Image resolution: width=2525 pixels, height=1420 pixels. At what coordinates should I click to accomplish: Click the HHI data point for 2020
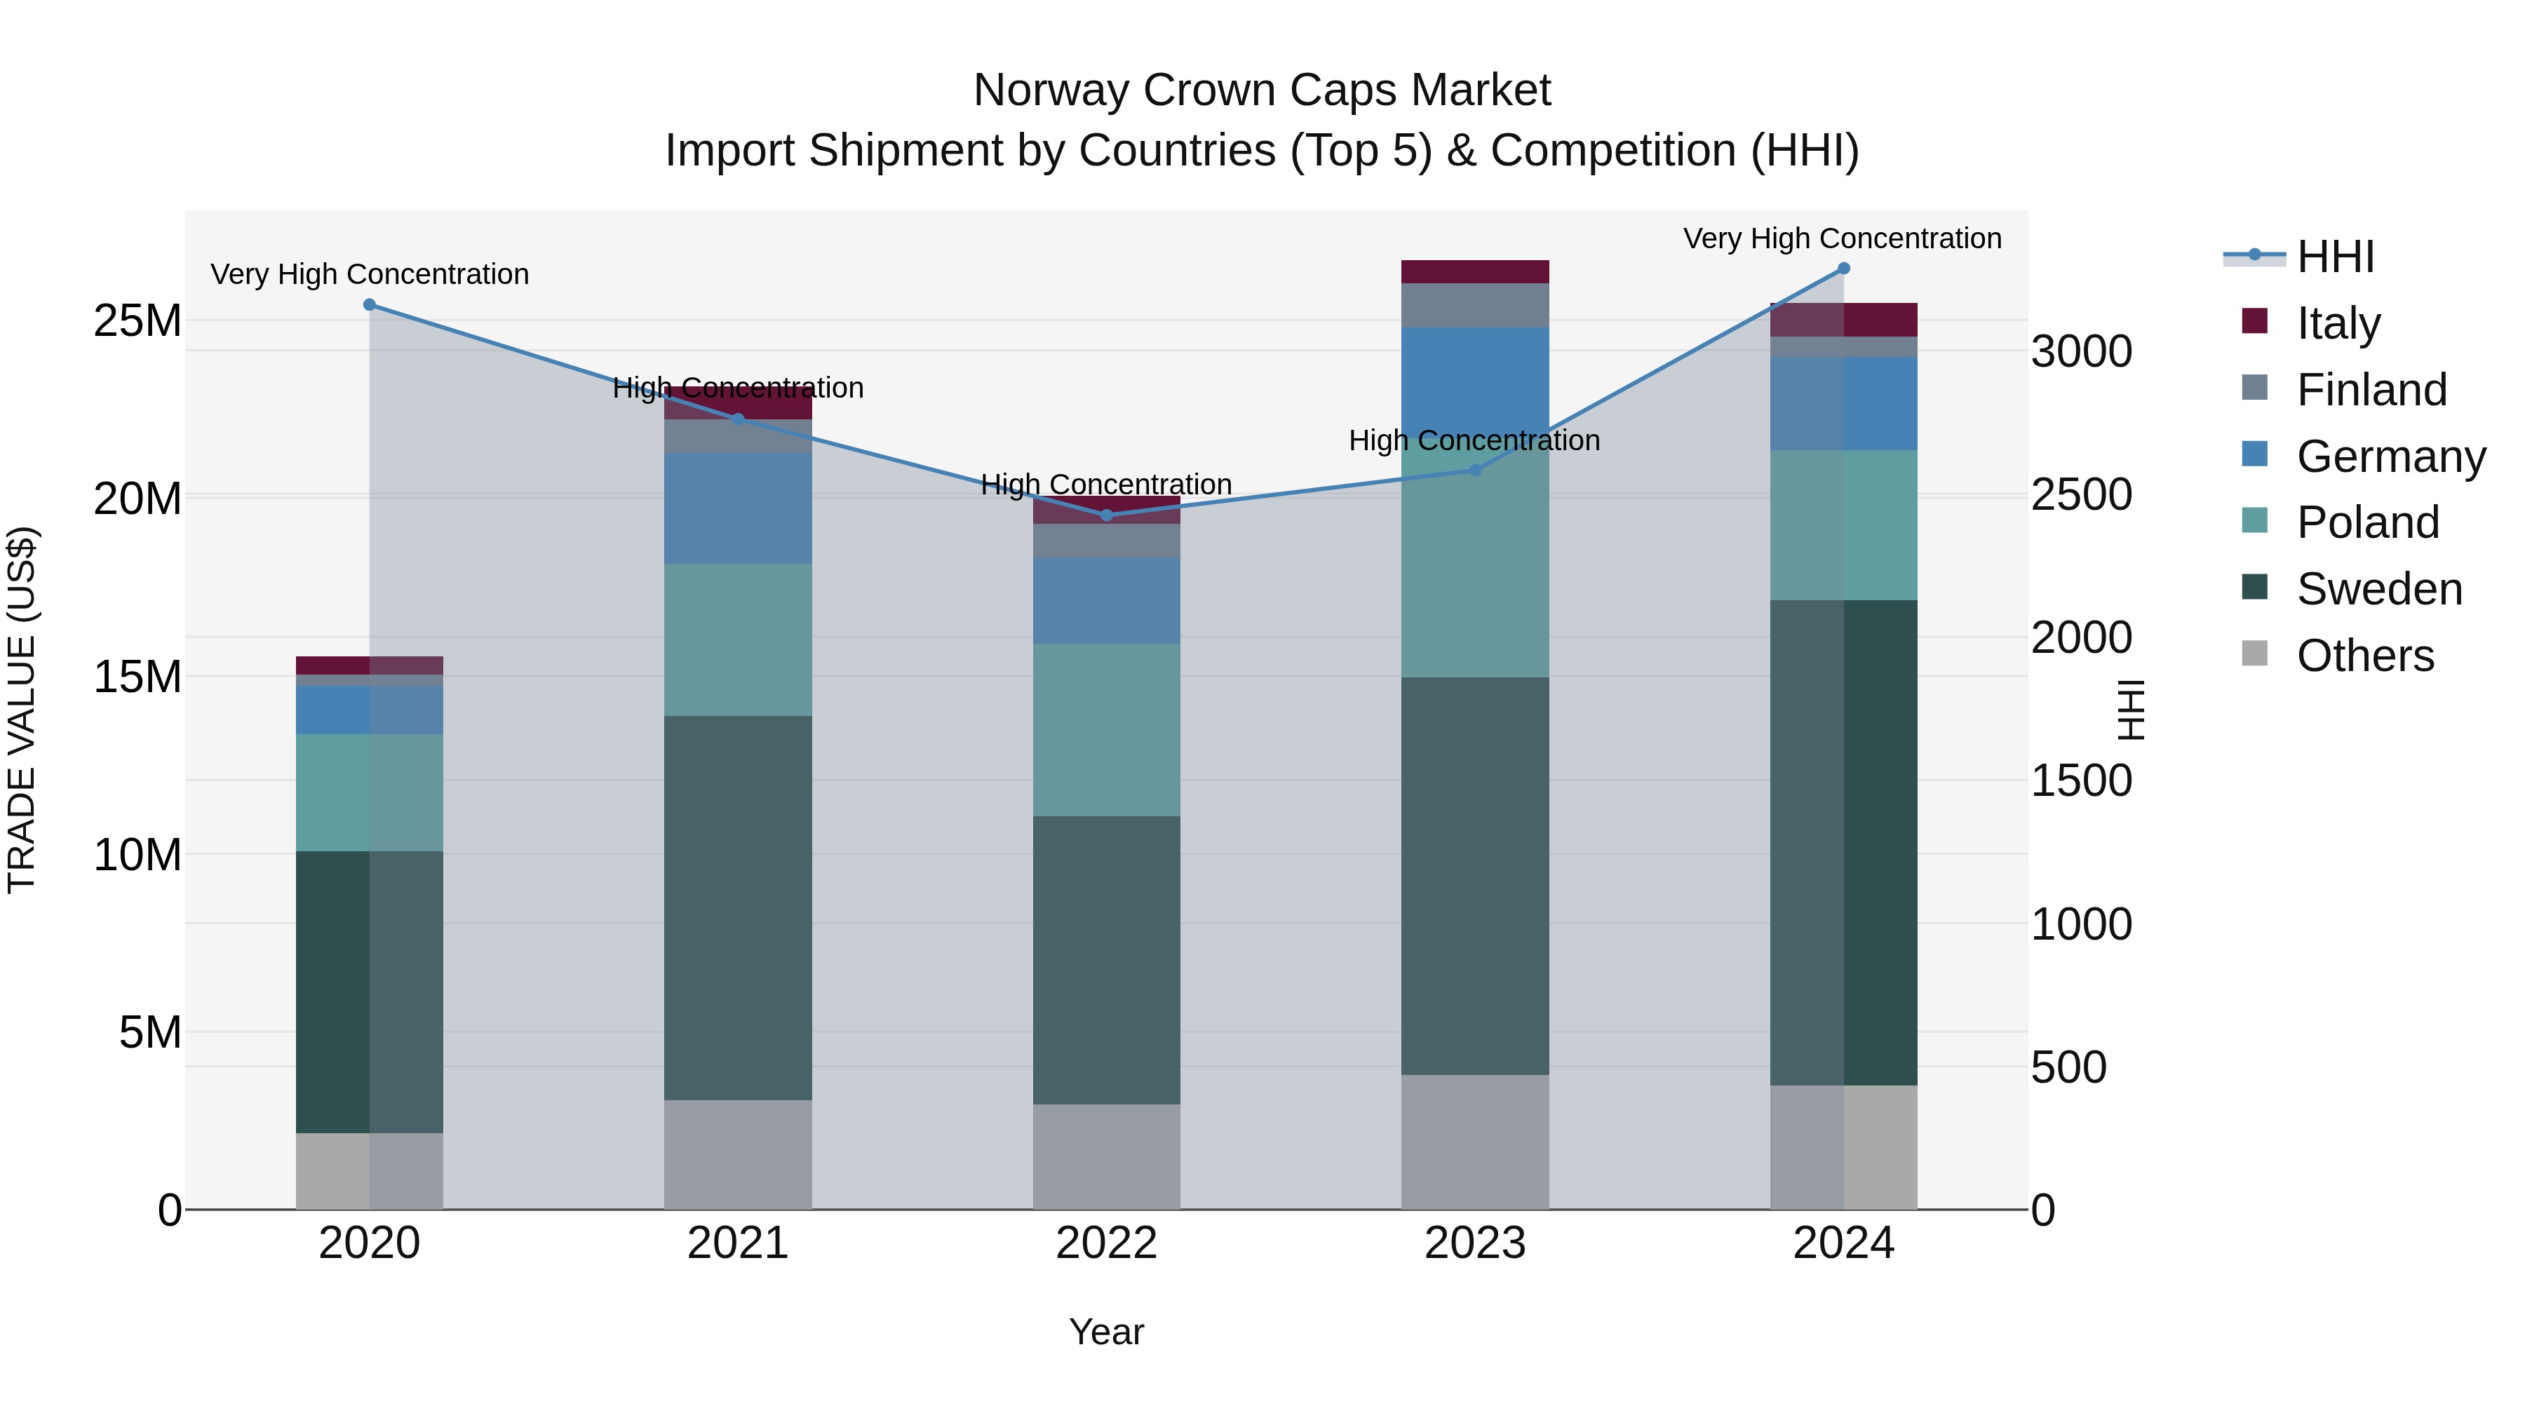(x=370, y=305)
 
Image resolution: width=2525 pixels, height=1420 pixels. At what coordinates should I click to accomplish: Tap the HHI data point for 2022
(x=1107, y=515)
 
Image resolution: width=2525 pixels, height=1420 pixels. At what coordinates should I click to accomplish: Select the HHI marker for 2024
(x=1844, y=269)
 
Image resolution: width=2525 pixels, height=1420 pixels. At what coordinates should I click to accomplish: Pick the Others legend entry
(x=2364, y=656)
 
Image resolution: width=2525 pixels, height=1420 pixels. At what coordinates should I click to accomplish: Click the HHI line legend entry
(x=2335, y=257)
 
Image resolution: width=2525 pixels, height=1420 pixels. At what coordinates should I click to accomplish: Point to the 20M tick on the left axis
(x=137, y=499)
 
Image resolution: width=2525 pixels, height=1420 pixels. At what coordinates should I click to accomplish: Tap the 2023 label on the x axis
(x=1474, y=1243)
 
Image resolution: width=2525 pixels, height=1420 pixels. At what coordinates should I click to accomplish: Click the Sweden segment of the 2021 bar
(x=738, y=907)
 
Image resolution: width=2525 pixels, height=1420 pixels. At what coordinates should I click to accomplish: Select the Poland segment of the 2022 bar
(x=1107, y=730)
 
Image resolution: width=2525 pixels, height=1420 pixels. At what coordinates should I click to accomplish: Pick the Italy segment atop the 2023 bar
(x=1475, y=271)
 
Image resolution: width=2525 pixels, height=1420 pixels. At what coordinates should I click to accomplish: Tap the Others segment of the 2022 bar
(x=1107, y=1156)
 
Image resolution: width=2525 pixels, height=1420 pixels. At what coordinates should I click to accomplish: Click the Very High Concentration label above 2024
(x=1842, y=238)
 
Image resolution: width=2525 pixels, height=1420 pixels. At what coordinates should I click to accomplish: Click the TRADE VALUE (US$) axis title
(x=22, y=710)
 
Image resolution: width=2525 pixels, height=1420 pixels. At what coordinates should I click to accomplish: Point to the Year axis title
(x=1107, y=1332)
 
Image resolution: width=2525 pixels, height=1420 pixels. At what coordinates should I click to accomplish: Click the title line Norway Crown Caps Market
(x=1262, y=90)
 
